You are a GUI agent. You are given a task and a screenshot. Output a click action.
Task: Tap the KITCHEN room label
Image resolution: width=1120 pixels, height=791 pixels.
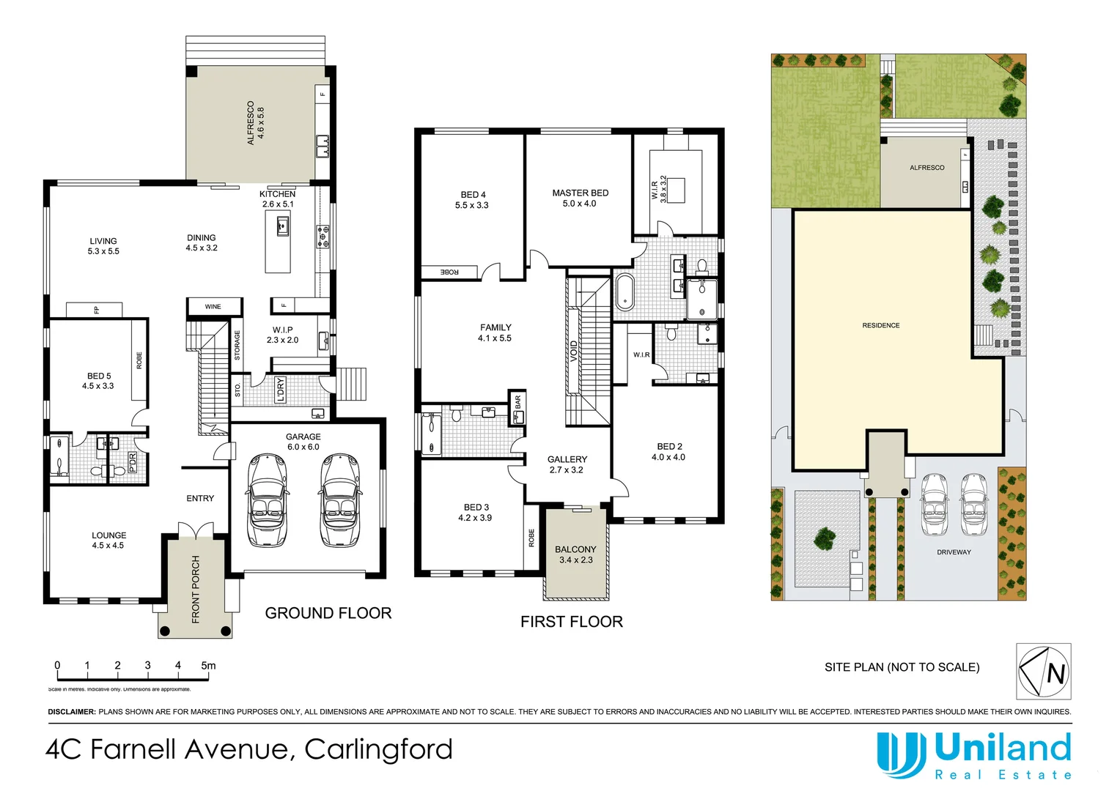click(278, 194)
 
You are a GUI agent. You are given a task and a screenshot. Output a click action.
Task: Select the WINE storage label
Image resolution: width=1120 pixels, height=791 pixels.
click(213, 307)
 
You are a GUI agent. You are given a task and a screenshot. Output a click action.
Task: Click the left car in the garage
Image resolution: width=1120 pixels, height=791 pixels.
click(266, 500)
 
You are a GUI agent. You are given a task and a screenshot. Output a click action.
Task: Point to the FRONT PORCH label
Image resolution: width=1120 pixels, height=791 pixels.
click(196, 589)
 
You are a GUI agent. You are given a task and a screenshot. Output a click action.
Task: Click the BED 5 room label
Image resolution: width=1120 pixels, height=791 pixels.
click(99, 376)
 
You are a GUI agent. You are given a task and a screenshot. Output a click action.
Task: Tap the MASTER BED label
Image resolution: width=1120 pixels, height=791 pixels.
click(580, 193)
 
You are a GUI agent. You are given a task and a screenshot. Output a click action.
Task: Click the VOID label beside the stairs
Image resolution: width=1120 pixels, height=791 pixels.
click(574, 351)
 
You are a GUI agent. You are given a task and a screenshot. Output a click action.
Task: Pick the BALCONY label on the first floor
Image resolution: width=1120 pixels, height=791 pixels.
click(575, 549)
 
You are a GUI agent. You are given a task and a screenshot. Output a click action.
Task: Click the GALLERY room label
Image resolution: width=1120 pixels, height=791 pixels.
click(567, 459)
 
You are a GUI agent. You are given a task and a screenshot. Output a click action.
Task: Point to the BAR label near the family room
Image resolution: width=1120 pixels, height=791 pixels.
click(517, 401)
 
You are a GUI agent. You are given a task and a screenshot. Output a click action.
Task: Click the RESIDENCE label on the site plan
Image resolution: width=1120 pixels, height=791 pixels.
click(881, 325)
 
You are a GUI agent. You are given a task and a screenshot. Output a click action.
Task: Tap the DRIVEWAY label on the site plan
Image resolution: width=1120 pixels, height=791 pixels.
click(954, 552)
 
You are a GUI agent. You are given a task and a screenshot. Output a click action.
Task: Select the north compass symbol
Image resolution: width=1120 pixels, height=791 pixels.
click(1044, 671)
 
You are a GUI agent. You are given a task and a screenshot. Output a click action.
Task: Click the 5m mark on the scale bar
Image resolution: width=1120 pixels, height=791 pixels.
click(208, 666)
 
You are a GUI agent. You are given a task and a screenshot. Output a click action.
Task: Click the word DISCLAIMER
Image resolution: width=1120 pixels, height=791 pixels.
click(72, 712)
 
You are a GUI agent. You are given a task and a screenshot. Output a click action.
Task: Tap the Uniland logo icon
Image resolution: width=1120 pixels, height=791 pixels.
click(901, 754)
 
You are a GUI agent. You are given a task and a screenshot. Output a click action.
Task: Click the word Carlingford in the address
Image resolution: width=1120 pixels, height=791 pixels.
click(378, 749)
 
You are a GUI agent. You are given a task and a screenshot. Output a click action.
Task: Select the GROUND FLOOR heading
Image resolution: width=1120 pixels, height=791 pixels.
click(328, 613)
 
